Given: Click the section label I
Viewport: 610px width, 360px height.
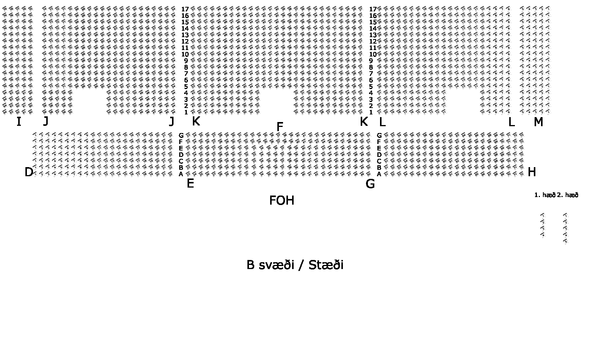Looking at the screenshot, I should pyautogui.click(x=19, y=122).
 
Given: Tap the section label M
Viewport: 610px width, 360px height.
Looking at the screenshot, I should pyautogui.click(x=538, y=122).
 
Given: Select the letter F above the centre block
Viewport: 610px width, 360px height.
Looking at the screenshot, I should pyautogui.click(x=280, y=127).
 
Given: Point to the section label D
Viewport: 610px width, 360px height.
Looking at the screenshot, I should pyautogui.click(x=29, y=172).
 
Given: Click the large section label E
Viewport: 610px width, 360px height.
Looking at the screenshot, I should pyautogui.click(x=190, y=183).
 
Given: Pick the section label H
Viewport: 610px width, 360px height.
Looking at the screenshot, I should pyautogui.click(x=532, y=172).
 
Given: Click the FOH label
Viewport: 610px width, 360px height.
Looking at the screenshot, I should pyautogui.click(x=282, y=200).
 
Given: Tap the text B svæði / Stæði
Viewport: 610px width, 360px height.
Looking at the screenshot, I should pyautogui.click(x=295, y=265).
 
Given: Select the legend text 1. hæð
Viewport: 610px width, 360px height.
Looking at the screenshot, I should pyautogui.click(x=545, y=195).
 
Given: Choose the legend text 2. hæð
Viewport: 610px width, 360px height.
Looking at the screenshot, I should pyautogui.click(x=568, y=195).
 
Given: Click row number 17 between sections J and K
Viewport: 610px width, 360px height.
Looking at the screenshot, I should pyautogui.click(x=185, y=9).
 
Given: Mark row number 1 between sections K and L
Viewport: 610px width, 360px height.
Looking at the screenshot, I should pyautogui.click(x=371, y=112).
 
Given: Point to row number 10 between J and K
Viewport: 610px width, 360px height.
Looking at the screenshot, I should pyautogui.click(x=185, y=54).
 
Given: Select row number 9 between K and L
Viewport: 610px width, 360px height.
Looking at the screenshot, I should pyautogui.click(x=371, y=61).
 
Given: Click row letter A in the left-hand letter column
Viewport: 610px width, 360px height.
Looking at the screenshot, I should pyautogui.click(x=181, y=174).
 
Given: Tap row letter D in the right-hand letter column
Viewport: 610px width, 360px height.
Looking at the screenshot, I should pyautogui.click(x=379, y=155).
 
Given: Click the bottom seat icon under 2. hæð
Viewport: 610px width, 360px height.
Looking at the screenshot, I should pyautogui.click(x=565, y=241).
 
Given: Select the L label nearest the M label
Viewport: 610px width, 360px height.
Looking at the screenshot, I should pyautogui.click(x=511, y=122).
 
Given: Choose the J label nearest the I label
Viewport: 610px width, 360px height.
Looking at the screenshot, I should pyautogui.click(x=46, y=121).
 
